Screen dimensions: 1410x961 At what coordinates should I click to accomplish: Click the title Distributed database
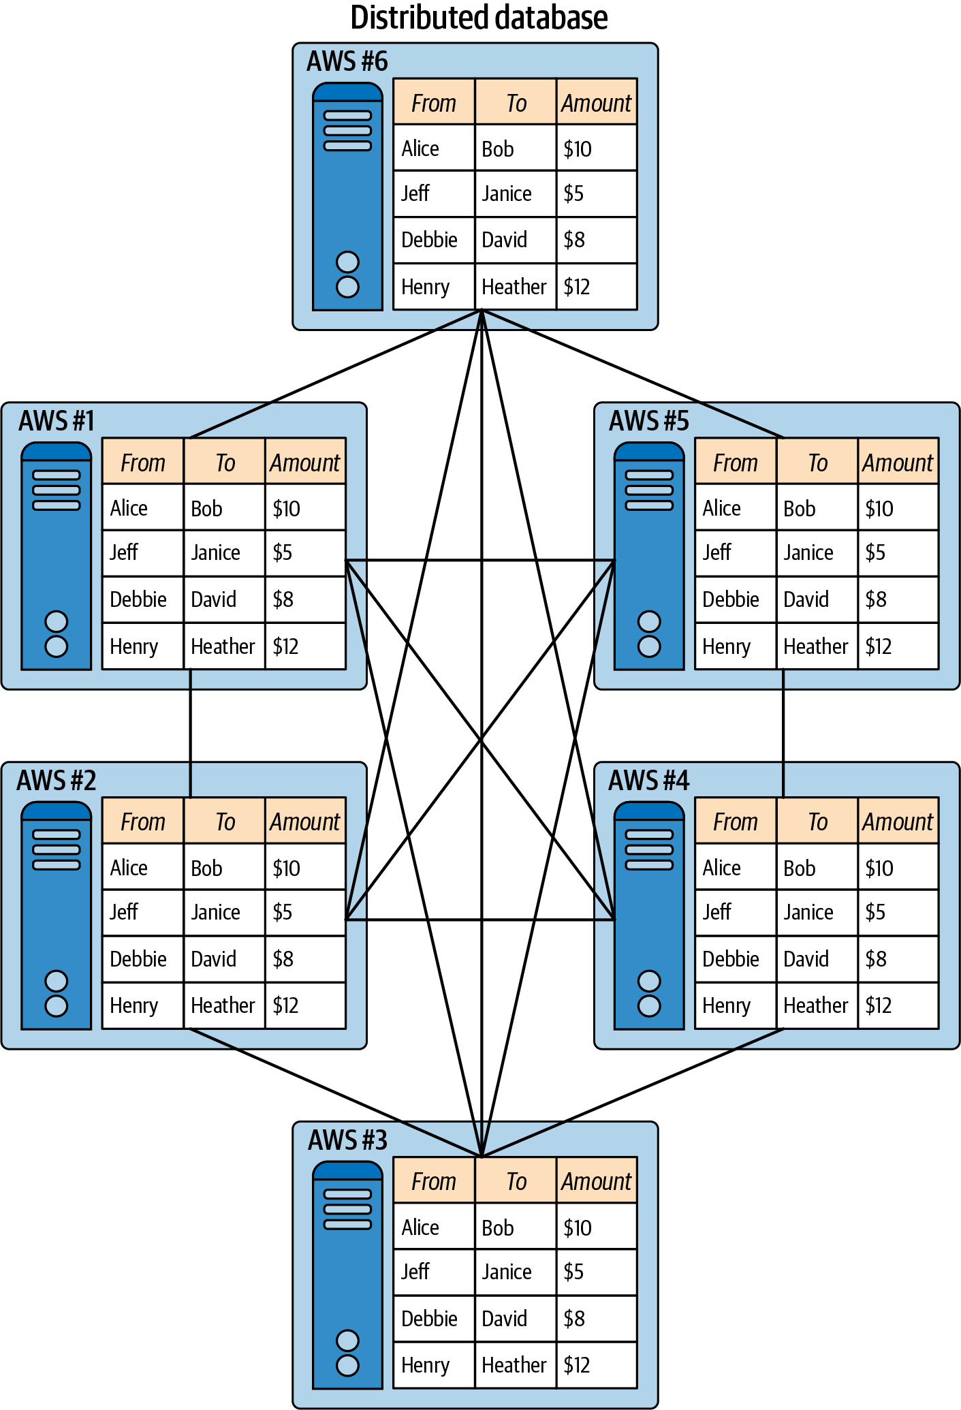[x=479, y=18]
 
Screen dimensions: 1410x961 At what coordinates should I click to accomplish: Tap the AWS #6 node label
[x=347, y=61]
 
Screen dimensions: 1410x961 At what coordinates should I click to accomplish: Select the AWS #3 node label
[x=347, y=1140]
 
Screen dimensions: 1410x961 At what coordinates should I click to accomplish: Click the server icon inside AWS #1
[x=56, y=556]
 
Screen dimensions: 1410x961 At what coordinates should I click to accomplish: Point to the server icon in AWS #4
[x=648, y=915]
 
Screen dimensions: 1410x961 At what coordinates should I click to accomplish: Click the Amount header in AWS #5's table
[x=898, y=463]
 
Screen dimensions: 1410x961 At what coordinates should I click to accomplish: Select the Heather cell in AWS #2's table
[x=223, y=1005]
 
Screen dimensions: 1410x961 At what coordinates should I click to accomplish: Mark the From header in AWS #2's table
[x=143, y=822]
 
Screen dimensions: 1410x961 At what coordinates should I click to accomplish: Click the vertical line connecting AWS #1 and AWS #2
[x=190, y=732]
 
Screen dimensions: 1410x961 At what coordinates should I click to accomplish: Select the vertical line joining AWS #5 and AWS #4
[x=783, y=732]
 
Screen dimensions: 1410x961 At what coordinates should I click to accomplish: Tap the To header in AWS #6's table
[x=516, y=104]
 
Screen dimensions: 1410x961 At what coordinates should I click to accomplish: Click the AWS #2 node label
[x=57, y=781]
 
